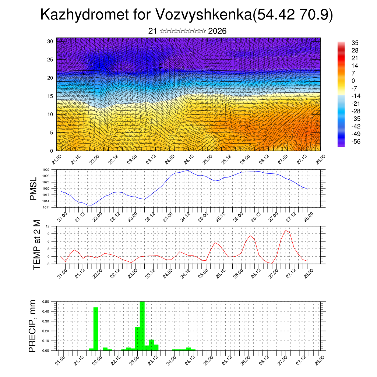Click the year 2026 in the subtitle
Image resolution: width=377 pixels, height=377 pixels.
[x=217, y=31]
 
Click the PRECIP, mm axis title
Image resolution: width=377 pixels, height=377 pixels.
[x=33, y=326]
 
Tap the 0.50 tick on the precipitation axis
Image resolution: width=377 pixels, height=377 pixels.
[x=46, y=302]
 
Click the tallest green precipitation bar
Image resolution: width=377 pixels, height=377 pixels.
[x=142, y=326]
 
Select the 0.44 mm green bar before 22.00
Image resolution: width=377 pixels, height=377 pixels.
[x=96, y=329]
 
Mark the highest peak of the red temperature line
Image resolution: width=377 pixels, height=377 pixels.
[x=285, y=230]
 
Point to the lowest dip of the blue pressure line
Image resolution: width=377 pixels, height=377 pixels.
[x=89, y=205]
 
